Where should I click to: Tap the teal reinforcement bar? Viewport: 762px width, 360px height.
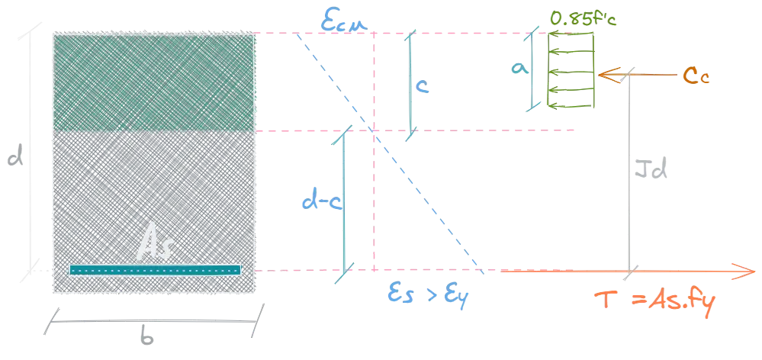coord(155,270)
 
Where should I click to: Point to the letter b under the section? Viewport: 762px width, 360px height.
coord(146,336)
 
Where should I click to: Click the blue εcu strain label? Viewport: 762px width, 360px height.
coord(343,21)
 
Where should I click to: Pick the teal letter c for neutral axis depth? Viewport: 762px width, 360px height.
coord(423,86)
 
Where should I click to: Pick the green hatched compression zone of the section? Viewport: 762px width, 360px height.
coord(154,82)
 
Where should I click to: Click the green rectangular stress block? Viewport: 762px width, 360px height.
coord(571,69)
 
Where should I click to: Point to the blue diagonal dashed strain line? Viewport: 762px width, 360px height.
coord(390,153)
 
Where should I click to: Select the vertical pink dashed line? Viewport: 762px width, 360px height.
coord(374,152)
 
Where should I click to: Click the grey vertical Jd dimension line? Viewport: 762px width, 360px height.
coord(630,172)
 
